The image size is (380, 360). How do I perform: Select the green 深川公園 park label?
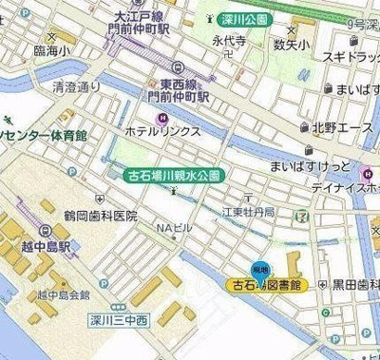[238, 18]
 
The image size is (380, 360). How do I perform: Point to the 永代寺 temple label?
[229, 41]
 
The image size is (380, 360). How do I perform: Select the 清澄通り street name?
[76, 86]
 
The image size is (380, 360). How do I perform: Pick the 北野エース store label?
[343, 125]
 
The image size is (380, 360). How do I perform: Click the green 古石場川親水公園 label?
[175, 175]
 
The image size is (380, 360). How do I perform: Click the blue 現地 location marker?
[260, 269]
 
